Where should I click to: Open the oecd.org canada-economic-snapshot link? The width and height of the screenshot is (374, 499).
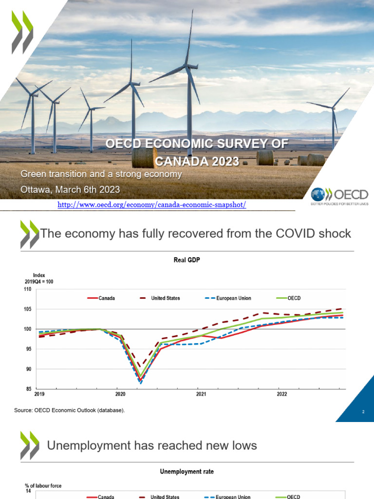[151, 205]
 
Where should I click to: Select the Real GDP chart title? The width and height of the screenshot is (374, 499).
[187, 260]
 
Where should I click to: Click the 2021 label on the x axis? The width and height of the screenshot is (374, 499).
[200, 394]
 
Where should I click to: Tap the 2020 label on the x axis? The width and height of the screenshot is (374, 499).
[120, 394]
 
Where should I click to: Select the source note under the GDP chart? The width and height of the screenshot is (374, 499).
[70, 410]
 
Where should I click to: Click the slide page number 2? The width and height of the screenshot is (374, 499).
[363, 412]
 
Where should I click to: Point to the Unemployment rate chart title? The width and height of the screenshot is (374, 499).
[187, 472]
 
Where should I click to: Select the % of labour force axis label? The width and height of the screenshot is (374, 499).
[43, 486]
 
